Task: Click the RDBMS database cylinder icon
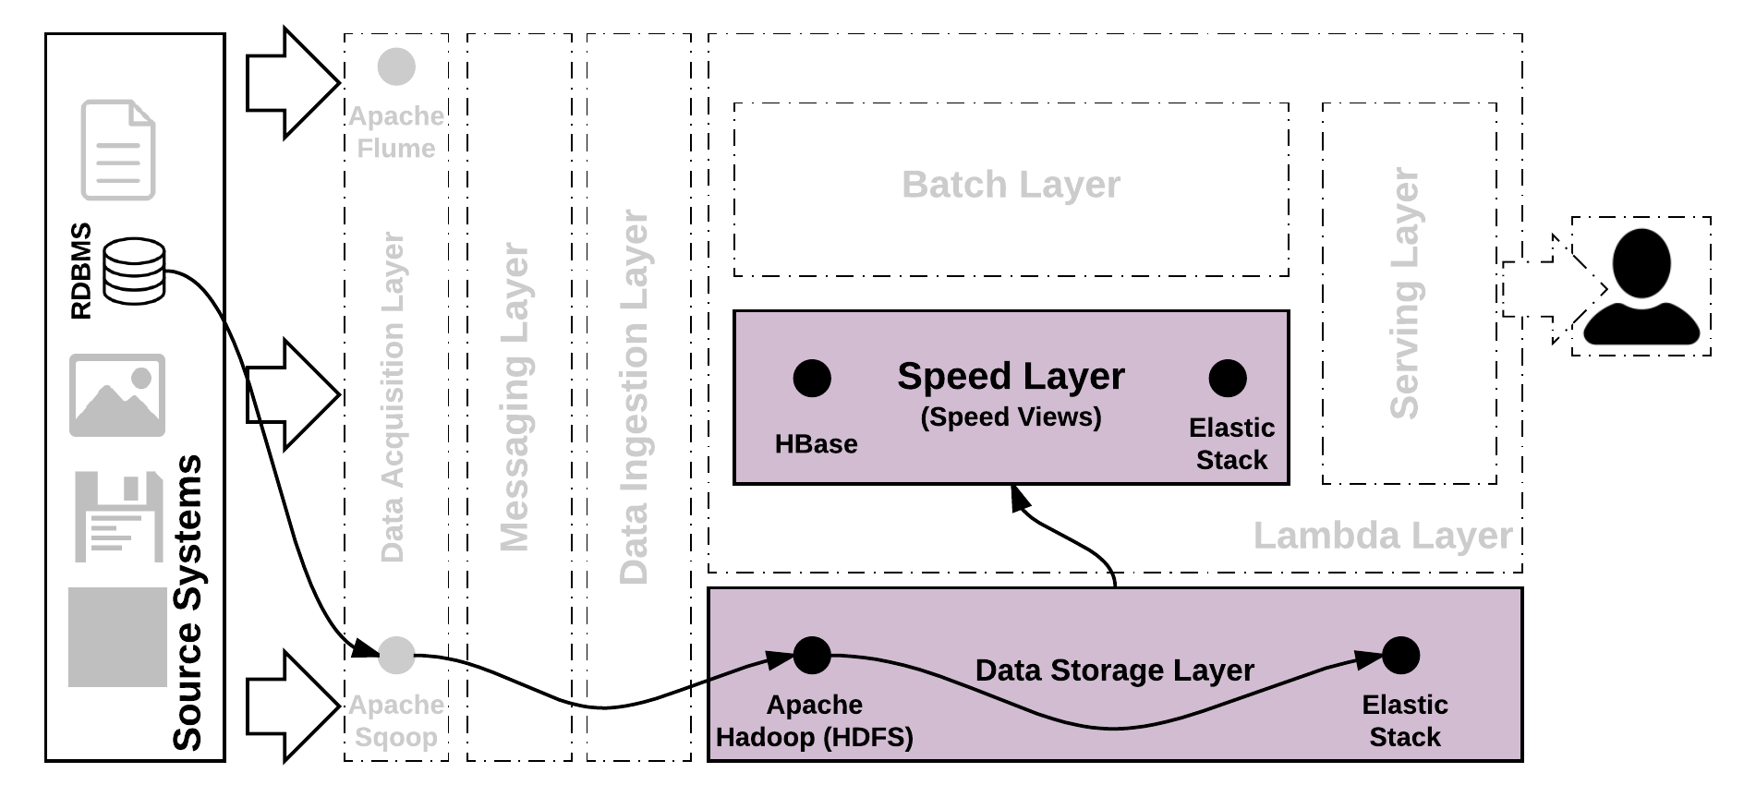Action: pos(134,271)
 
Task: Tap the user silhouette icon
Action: pos(1641,287)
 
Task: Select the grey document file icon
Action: pos(118,150)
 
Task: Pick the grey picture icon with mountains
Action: pos(117,395)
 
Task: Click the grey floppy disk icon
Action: pos(118,517)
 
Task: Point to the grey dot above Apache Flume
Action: pos(397,66)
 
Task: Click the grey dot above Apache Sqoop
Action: pos(397,655)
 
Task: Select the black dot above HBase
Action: pos(812,378)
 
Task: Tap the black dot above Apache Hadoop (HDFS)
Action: pos(812,656)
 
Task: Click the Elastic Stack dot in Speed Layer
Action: pos(1228,378)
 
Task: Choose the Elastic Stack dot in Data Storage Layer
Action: pos(1400,656)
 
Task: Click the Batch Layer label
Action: pos(1011,185)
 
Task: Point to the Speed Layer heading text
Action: pos(1011,377)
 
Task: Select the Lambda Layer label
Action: pos(1383,536)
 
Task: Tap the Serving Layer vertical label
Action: pos(1404,294)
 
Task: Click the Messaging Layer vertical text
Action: pos(515,397)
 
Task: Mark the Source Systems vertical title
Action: pos(188,602)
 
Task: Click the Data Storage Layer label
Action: pos(1114,670)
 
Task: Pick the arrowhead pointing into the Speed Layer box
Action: pos(1020,500)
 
